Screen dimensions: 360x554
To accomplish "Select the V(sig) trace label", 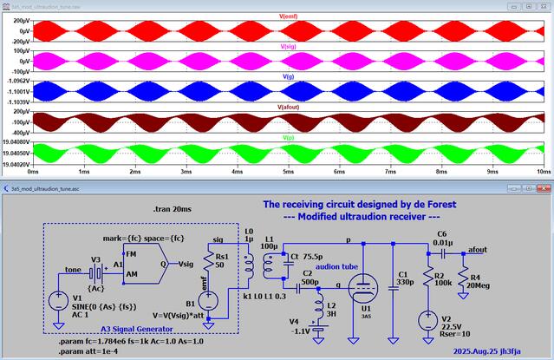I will [x=290, y=47].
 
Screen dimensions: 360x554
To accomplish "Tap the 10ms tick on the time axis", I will [x=544, y=173].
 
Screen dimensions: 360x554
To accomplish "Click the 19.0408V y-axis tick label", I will [x=16, y=141].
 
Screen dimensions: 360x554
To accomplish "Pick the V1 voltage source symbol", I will [x=57, y=301].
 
